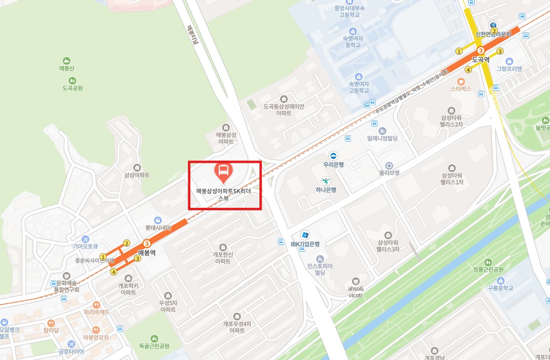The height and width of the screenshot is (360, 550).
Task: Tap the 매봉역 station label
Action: point(147,252)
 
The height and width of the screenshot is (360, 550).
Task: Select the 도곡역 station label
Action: point(480,60)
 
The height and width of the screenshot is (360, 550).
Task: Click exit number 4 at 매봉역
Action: point(114,272)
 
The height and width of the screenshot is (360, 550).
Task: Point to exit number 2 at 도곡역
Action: point(494,31)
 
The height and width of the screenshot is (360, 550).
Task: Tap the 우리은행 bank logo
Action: point(333,156)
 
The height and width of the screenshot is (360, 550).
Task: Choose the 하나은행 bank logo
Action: point(327,181)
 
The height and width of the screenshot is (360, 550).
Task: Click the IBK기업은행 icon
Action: point(305,235)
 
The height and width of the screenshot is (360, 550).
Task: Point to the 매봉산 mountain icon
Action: point(66,61)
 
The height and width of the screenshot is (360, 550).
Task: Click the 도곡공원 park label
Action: point(72,88)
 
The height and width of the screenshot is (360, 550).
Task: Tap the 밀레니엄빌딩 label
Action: point(382,139)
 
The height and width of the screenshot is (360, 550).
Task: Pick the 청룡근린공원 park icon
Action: point(488,262)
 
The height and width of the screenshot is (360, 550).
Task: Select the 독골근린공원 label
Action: point(154,346)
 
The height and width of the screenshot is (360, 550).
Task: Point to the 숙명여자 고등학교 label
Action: point(358,87)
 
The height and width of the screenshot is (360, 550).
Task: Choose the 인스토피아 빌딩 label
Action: point(320,269)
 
